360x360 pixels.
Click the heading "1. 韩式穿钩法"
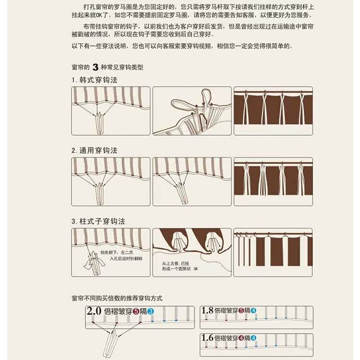95,80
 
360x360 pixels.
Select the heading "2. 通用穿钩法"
95,151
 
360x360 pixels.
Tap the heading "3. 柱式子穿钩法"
98,222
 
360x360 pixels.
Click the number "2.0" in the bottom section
95,311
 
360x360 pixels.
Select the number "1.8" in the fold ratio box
208,311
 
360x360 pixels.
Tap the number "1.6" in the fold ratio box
208,338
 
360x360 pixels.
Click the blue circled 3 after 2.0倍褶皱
150,312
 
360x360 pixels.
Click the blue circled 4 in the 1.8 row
253,311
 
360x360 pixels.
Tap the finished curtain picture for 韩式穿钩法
273,110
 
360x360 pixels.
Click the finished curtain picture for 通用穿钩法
273,181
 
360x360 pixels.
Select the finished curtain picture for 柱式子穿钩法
273,252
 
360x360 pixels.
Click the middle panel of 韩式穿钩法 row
192,110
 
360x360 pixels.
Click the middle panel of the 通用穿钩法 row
192,181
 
